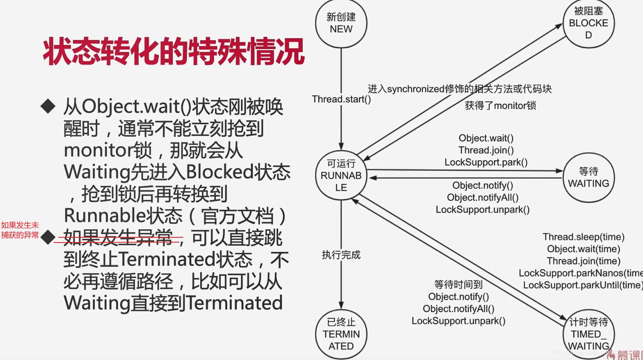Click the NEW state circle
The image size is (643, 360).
341,23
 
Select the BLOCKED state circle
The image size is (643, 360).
588,23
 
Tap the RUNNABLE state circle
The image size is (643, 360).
341,176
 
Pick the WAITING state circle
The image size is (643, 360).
588,177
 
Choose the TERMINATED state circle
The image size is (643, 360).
341,334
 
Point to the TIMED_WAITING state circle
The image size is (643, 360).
588,334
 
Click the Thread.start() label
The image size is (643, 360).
341,99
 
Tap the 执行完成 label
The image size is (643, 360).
341,255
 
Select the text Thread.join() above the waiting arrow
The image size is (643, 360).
486,150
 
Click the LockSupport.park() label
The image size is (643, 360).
486,163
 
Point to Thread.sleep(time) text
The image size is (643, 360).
583,237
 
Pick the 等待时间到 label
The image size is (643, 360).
458,285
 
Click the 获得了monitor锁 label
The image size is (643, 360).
500,106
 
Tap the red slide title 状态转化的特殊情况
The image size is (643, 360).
174,51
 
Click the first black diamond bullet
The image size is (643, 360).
48,106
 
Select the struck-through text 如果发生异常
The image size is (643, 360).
118,238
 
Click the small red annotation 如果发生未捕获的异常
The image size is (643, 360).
20,230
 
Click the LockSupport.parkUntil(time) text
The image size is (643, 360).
582,285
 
